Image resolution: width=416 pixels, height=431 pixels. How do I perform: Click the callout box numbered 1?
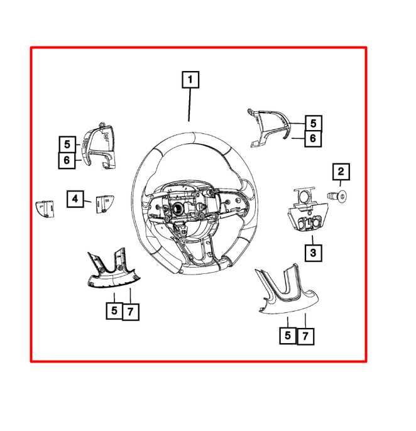190,80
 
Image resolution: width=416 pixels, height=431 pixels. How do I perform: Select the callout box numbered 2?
341,172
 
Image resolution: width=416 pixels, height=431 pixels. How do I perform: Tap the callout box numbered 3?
313,253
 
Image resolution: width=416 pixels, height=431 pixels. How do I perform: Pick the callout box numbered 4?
75,199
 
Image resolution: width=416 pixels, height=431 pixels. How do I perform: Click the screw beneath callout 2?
337,196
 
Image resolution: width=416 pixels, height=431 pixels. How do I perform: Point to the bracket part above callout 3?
308,210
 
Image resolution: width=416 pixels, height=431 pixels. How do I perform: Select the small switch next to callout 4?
104,204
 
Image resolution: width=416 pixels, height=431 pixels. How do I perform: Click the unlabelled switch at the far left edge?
45,209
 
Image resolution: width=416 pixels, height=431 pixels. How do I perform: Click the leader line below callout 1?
189,105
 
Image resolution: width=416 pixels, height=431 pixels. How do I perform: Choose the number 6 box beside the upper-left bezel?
67,160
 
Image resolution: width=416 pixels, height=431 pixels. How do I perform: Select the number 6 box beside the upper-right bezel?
313,138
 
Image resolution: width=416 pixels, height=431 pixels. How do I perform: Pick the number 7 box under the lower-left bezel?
131,312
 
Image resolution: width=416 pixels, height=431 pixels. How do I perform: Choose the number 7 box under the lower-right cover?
305,336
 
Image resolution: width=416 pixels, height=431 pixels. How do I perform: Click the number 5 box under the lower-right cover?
288,336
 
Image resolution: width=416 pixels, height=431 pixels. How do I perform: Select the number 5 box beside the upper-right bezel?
313,123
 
